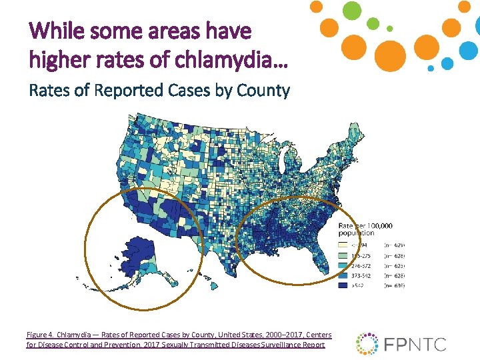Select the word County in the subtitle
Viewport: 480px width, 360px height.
coord(265,90)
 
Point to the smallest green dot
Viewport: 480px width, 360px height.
coord(390,29)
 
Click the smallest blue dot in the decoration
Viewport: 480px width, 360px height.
coord(431,68)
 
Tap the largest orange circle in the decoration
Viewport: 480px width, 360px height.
coord(371,55)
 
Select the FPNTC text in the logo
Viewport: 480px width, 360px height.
coord(415,344)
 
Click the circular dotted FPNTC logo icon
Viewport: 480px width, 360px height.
coord(367,343)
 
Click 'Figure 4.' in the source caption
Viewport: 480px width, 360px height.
coord(41,334)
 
